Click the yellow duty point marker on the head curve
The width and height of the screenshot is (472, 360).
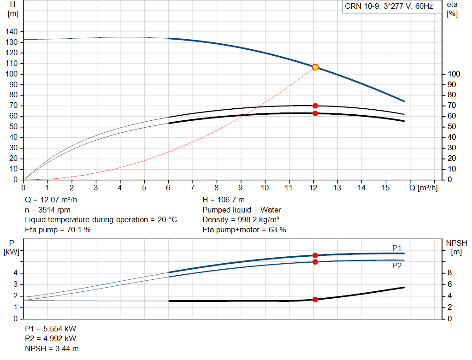315,67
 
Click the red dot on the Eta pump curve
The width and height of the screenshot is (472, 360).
315,106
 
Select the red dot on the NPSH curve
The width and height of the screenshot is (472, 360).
315,299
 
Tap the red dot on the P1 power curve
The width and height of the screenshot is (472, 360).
315,255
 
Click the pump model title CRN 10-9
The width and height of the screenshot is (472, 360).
389,7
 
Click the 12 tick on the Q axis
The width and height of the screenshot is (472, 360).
313,188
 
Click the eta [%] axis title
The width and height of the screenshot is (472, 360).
452,9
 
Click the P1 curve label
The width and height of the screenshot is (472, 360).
397,248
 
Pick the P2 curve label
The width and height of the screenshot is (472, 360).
397,266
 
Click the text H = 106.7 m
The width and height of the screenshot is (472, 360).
224,200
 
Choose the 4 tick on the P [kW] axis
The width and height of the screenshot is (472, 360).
15,273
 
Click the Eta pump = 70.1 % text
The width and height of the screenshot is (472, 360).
58,230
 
